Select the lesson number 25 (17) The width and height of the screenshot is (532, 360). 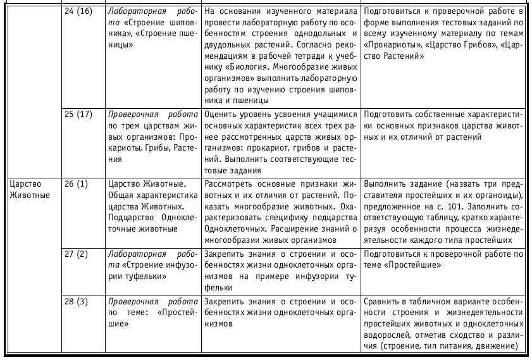pos(78,116)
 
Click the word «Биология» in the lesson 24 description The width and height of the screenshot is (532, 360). pos(230,67)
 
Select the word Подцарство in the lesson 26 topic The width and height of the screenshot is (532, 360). pos(130,218)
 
